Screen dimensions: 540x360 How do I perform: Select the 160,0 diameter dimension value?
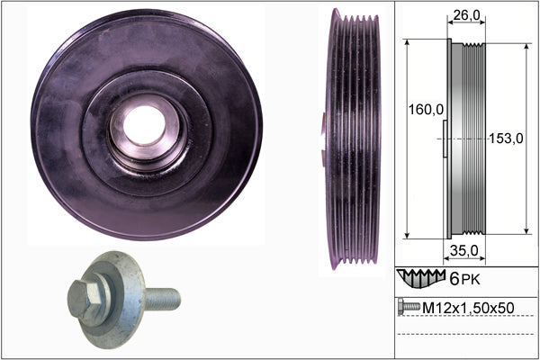click(426, 110)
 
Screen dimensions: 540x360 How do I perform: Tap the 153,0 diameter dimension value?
click(506, 139)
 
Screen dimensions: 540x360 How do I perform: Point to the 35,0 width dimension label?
click(463, 251)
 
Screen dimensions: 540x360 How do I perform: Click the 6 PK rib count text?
click(464, 279)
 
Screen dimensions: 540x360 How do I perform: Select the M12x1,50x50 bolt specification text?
click(468, 308)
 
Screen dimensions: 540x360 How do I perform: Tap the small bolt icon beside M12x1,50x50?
click(409, 307)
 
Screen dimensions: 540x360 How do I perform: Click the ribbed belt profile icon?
click(421, 278)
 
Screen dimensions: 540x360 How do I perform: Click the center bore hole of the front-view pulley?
click(144, 125)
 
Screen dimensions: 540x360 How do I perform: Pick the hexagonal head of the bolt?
click(85, 298)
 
